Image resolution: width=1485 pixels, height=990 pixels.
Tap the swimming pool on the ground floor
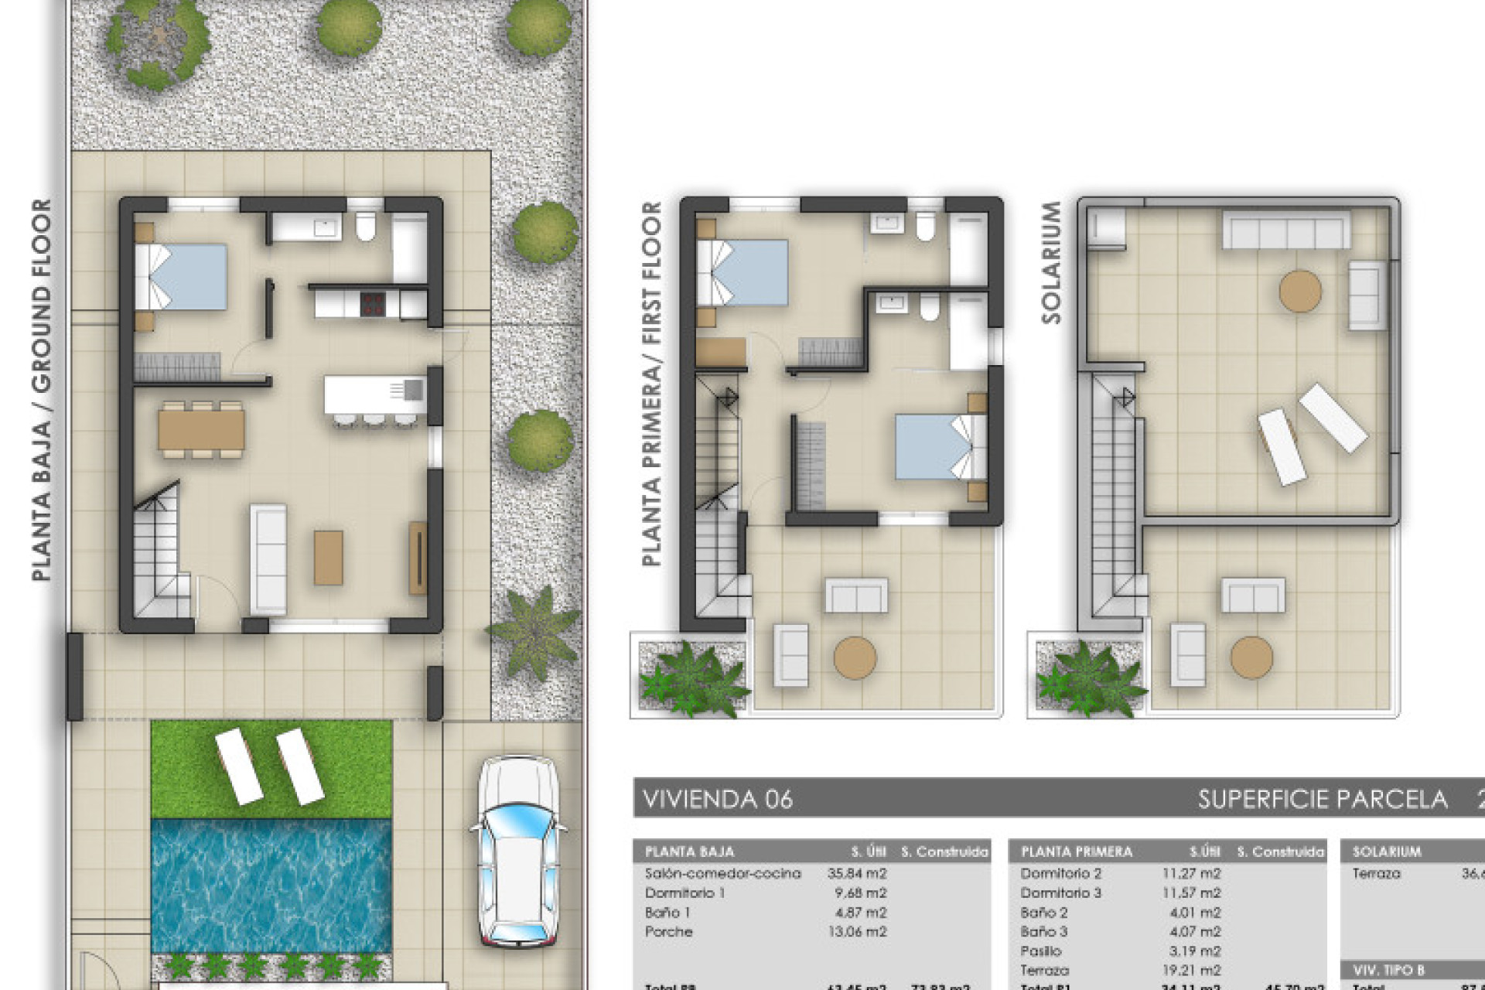pos(270,886)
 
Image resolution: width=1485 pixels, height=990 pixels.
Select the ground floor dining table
pos(201,429)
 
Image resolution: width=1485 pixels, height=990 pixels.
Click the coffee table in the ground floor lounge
pos(328,557)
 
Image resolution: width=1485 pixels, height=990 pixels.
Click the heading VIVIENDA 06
pos(718,799)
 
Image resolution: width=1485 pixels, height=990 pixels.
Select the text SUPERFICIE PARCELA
pos(1323,799)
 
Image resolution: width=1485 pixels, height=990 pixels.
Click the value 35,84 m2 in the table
pos(857,873)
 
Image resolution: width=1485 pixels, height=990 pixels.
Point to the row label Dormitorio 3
pos(1060,893)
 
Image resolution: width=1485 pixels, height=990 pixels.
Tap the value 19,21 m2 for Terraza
pos(1196,970)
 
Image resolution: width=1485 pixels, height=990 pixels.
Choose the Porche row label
pos(668,931)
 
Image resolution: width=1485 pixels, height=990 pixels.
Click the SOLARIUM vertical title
pos(1051,263)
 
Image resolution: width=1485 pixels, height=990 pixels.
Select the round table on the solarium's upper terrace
pos(1300,291)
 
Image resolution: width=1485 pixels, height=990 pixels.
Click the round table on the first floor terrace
pos(855,658)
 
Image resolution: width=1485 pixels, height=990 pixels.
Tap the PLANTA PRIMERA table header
pos(1076,852)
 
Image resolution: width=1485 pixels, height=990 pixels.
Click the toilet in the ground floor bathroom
pos(365,227)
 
